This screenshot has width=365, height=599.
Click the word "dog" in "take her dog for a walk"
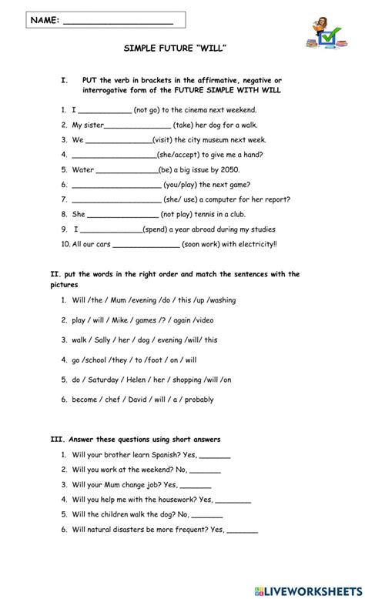coord(218,125)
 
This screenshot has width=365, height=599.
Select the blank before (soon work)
coord(146,246)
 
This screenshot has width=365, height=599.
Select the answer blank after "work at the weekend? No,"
coord(205,471)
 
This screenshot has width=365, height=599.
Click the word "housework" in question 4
coord(169,500)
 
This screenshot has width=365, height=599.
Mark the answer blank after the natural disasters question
coord(243,530)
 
